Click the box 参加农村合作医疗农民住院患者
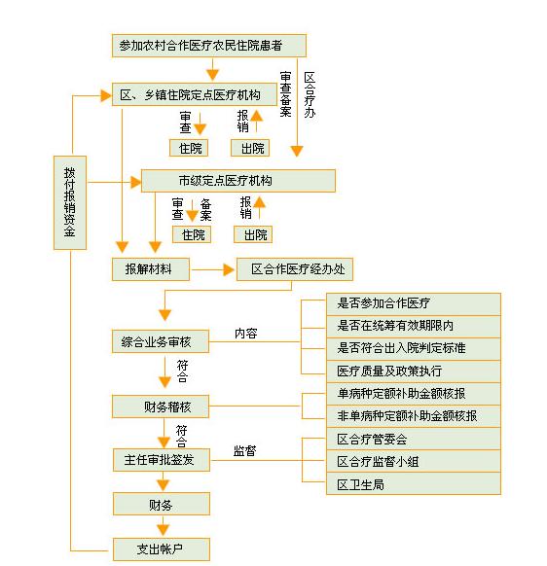pyautogui.click(x=209, y=46)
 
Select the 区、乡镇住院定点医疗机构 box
pyautogui.click(x=195, y=94)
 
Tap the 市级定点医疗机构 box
pyautogui.click(x=238, y=181)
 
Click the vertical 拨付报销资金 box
pyautogui.click(x=70, y=202)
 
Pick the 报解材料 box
pyautogui.click(x=151, y=269)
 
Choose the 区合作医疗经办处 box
pyautogui.click(x=295, y=269)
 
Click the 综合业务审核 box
pyautogui.click(x=161, y=341)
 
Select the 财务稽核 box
pyautogui.click(x=161, y=407)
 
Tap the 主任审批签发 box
pyautogui.click(x=162, y=460)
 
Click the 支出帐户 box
pyautogui.click(x=162, y=549)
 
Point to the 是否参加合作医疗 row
pyautogui.click(x=414, y=304)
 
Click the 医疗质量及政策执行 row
pyautogui.click(x=414, y=371)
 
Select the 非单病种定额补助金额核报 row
pyautogui.click(x=414, y=416)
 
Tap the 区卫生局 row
pyautogui.click(x=414, y=483)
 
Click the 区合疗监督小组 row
pyautogui.click(x=414, y=461)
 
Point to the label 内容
pyautogui.click(x=245, y=334)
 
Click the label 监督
pyautogui.click(x=244, y=450)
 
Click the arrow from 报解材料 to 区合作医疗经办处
pyautogui.click(x=213, y=269)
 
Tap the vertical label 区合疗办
pyautogui.click(x=310, y=94)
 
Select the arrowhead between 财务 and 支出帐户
pyautogui.click(x=163, y=530)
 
